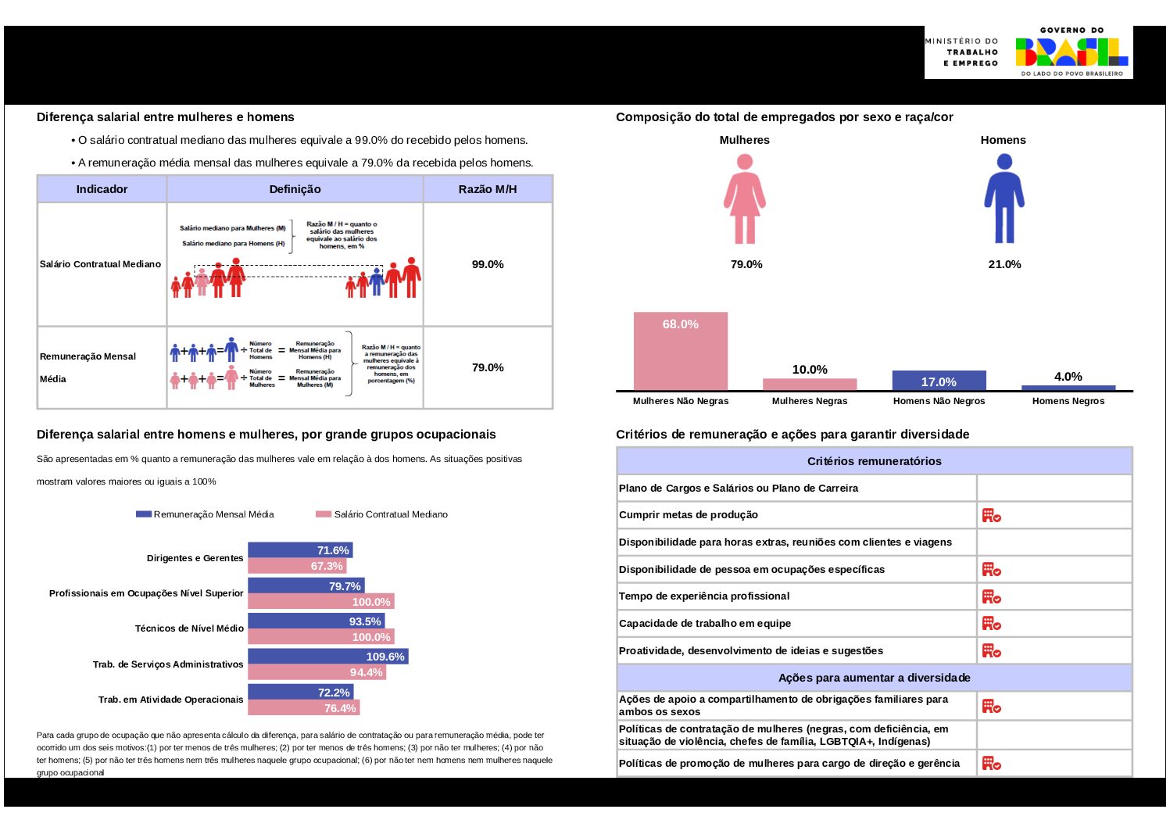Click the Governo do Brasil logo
1072,52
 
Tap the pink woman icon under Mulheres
745,199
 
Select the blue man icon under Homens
1004,199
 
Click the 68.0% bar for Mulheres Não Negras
680,351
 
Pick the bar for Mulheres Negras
810,384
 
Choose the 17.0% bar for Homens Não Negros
939,380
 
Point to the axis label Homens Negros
1068,401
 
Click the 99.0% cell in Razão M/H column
488,264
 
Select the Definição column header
295,189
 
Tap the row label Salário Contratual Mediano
100,264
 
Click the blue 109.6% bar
327,657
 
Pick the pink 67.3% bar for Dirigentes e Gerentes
297,566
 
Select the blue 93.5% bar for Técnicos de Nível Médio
316,621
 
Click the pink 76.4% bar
303,708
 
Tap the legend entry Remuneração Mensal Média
206,514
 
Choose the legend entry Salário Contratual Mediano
382,514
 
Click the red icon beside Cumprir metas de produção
991,515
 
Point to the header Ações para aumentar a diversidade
874,678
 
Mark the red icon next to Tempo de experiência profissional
991,596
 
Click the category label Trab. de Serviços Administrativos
168,664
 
